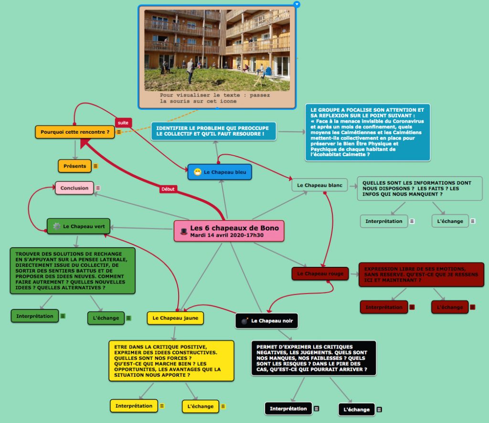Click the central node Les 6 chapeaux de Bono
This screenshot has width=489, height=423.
pos(229,231)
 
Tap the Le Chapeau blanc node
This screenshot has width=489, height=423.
pos(319,185)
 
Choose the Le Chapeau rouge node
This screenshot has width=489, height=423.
pos(319,274)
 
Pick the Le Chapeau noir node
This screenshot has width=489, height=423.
pos(267,321)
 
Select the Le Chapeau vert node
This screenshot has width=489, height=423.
pos(79,226)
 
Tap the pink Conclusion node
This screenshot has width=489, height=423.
pos(74,188)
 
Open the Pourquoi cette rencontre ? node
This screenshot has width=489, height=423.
pos(75,132)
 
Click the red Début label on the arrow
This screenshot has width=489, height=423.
pos(168,189)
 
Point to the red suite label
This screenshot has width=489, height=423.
pos(123,123)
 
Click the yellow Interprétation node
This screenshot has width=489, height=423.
pos(134,406)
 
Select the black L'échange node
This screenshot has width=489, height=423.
pos(356,409)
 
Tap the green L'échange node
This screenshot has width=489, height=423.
pos(106,318)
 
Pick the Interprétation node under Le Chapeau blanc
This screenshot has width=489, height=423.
pos(384,221)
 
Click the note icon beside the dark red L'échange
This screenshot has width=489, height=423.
pos(472,307)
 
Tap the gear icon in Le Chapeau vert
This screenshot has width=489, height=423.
pos(57,226)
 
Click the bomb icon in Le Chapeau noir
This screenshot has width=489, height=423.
pos(244,321)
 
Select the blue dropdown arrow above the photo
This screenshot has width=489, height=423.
pos(297,4)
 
